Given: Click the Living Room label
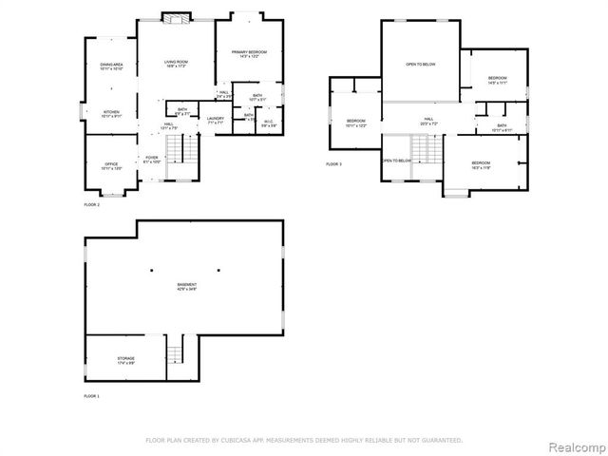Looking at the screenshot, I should click(173, 64).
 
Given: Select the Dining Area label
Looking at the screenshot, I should click(112, 66).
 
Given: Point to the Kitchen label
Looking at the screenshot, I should click(112, 113).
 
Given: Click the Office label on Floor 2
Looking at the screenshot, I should click(111, 166).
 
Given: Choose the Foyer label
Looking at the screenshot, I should click(151, 160).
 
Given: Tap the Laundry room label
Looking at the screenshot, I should click(216, 120).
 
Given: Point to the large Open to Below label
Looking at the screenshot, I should click(420, 65).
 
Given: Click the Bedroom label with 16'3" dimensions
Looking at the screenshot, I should click(481, 165).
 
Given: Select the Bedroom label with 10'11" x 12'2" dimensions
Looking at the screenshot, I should click(356, 123).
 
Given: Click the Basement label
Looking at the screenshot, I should click(186, 286).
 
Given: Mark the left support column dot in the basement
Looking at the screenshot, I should click(151, 271).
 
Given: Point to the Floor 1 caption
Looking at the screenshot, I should click(91, 395).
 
